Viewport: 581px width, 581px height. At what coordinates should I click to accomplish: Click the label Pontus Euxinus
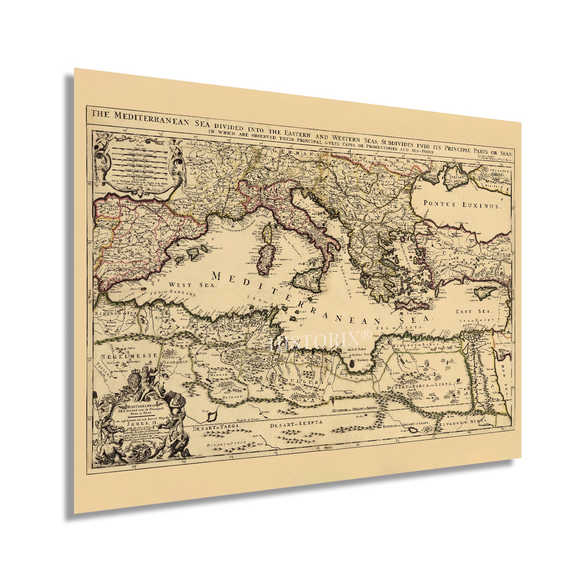(462, 204)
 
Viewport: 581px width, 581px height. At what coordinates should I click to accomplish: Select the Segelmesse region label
(129, 355)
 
